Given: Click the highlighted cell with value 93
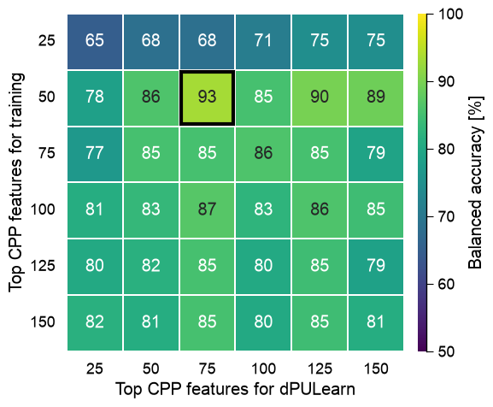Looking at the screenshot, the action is [x=207, y=97].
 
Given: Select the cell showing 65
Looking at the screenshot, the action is [x=95, y=42].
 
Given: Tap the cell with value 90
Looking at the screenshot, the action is [x=320, y=97].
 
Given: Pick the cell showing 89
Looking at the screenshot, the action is [x=376, y=97].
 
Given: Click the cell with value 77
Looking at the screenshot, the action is [x=95, y=154].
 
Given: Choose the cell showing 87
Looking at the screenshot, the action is [x=207, y=210].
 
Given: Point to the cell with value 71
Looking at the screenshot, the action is [x=263, y=42].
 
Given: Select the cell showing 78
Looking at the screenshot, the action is [x=95, y=97].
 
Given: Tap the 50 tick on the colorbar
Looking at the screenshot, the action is [x=447, y=351].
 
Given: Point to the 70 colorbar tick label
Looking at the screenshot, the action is [x=447, y=216].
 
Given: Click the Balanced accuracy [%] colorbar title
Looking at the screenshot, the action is [x=475, y=182].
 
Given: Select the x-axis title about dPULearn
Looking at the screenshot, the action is [x=236, y=389].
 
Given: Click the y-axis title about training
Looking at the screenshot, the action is [x=16, y=182].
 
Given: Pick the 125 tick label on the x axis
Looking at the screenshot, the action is [x=320, y=369].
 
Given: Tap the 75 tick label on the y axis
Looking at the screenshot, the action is [x=46, y=153].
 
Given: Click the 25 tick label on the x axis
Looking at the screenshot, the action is [x=95, y=369].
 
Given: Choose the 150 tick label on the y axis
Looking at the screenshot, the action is [x=43, y=322].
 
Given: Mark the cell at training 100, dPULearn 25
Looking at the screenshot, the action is [x=95, y=210].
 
